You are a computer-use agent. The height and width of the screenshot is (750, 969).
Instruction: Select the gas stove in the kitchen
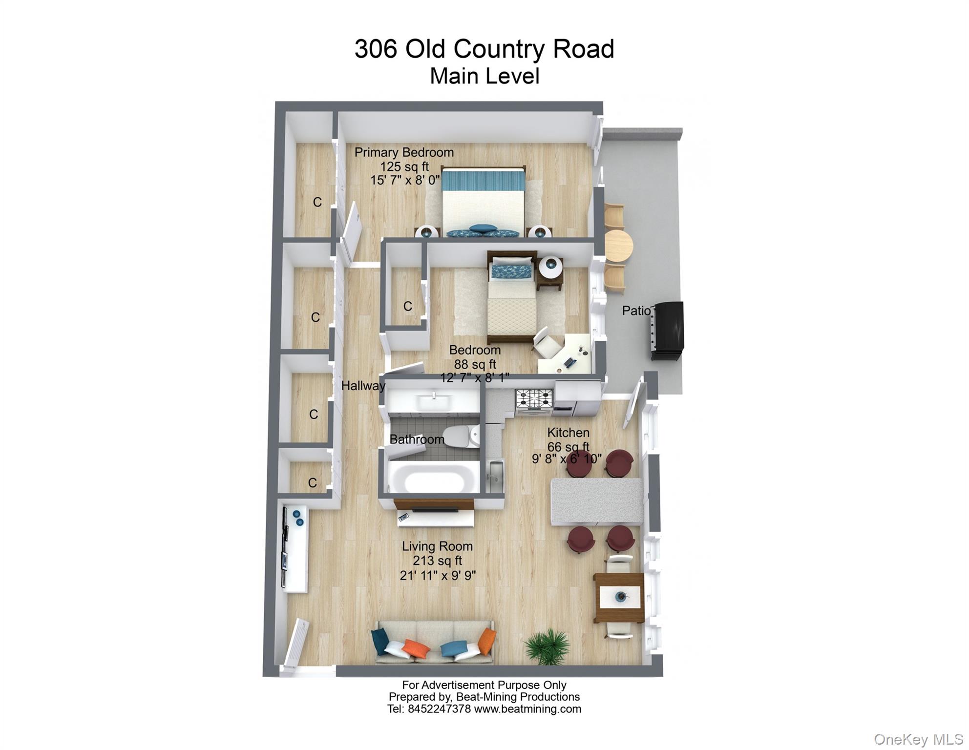534,398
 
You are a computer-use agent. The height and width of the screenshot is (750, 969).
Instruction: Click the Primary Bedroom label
404,152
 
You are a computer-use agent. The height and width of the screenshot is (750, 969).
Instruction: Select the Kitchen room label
568,433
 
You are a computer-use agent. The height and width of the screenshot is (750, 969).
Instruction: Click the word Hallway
363,386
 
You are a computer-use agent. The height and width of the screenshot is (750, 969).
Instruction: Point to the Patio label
636,311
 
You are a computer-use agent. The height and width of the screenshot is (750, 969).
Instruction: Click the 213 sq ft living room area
437,561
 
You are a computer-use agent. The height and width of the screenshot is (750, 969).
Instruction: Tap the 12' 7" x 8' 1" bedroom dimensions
475,377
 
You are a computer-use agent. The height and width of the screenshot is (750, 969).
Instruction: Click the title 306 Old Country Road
484,49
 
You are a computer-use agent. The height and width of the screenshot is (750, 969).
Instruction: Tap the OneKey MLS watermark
918,739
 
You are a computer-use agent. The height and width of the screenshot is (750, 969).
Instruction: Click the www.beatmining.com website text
527,709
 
